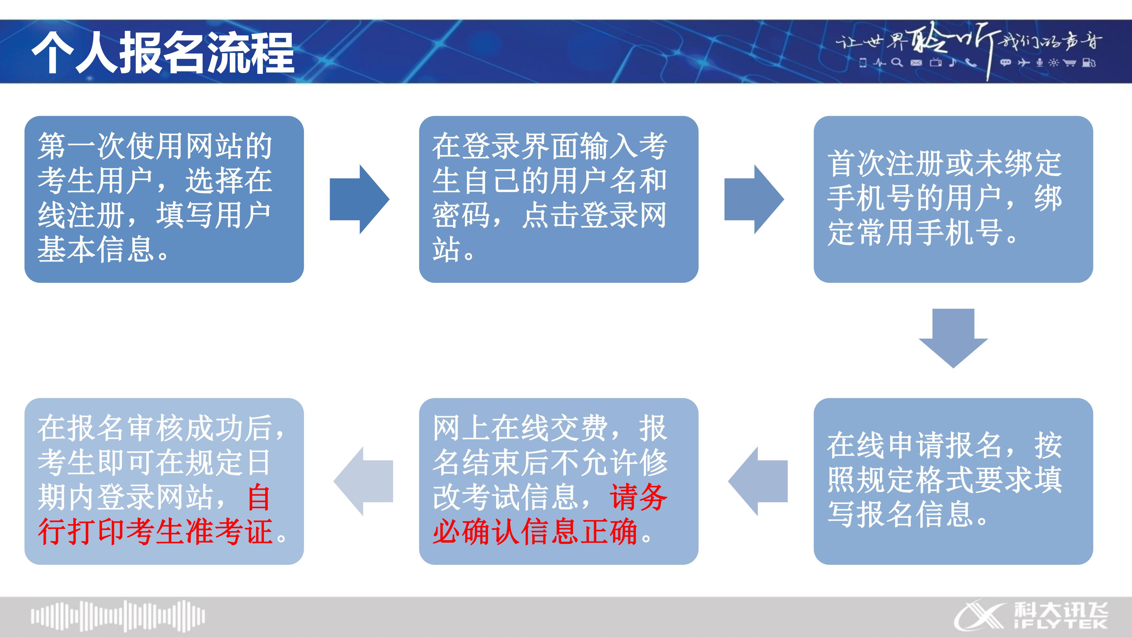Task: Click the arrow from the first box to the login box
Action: pyautogui.click(x=359, y=199)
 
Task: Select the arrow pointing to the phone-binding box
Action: pyautogui.click(x=753, y=199)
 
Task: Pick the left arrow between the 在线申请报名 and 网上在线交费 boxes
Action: pyautogui.click(x=758, y=481)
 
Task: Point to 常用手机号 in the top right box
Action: pyautogui.click(x=929, y=232)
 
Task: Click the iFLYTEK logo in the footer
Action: pyautogui.click(x=1030, y=615)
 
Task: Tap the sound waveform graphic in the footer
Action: pyautogui.click(x=118, y=615)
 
